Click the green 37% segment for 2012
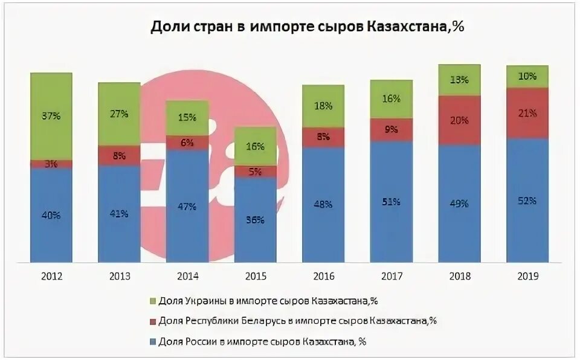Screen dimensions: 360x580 [51, 116]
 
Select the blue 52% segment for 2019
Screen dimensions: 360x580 [527, 201]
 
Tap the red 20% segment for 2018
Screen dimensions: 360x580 [459, 120]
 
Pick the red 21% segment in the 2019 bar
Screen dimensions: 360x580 [527, 114]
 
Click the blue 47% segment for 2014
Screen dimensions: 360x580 [187, 207]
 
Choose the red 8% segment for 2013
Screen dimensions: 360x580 [119, 155]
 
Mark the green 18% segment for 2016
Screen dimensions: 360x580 [323, 106]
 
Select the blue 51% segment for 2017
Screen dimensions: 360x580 [391, 202]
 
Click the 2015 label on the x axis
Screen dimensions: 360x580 [255, 276]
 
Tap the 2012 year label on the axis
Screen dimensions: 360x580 [51, 276]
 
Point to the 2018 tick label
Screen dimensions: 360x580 [459, 276]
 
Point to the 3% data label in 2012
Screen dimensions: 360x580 [51, 164]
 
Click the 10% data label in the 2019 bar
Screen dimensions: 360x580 [527, 77]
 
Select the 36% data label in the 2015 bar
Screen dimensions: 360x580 [255, 220]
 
